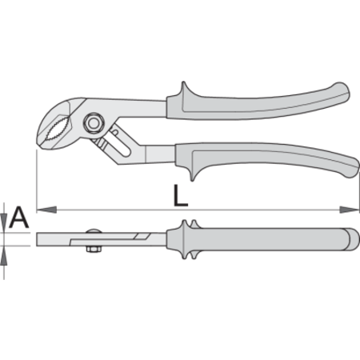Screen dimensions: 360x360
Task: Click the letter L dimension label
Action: tap(181, 196)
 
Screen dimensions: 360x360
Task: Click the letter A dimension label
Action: tap(18, 217)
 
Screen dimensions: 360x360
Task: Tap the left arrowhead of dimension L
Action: tap(46, 210)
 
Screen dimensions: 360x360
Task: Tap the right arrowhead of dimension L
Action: tap(350, 210)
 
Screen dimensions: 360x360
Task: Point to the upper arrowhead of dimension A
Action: tap(4, 222)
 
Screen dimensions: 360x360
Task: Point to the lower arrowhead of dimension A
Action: tap(4, 255)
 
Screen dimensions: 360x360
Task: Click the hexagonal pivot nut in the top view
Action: tap(93, 123)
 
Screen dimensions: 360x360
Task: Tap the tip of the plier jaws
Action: tap(38, 142)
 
